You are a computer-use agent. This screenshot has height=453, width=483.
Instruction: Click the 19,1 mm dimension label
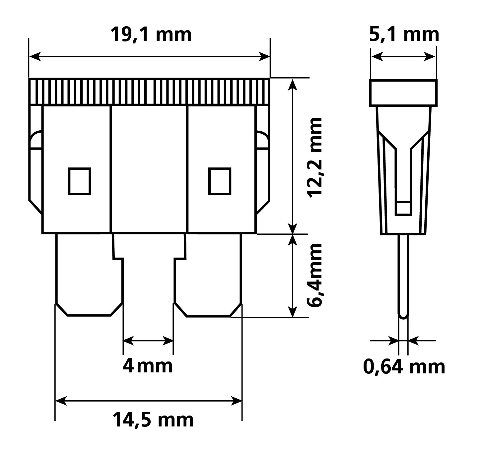click(x=151, y=34)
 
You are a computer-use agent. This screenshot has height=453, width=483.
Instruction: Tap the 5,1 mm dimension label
click(x=404, y=34)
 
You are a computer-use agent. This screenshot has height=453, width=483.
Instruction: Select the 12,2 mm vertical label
click(x=315, y=157)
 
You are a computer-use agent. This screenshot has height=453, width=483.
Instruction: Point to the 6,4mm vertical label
click(x=315, y=275)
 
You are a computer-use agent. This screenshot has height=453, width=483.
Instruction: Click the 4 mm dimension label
click(x=148, y=366)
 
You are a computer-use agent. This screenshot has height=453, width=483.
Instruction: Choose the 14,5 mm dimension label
click(x=153, y=420)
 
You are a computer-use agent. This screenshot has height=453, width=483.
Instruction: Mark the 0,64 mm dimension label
click(x=404, y=367)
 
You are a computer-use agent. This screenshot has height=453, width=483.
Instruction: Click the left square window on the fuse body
click(x=79, y=181)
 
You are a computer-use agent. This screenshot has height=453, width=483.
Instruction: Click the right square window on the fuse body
click(x=220, y=181)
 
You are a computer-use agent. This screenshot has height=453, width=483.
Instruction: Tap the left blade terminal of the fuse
click(x=89, y=275)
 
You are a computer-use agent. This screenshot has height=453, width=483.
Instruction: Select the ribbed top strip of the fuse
click(x=149, y=92)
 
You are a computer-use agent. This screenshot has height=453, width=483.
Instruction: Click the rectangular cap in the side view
click(x=403, y=93)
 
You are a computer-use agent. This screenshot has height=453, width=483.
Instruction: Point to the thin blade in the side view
click(x=403, y=275)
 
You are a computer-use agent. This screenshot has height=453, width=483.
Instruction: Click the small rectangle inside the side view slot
click(x=403, y=208)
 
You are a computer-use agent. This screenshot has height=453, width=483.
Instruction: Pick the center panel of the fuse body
click(x=149, y=169)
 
